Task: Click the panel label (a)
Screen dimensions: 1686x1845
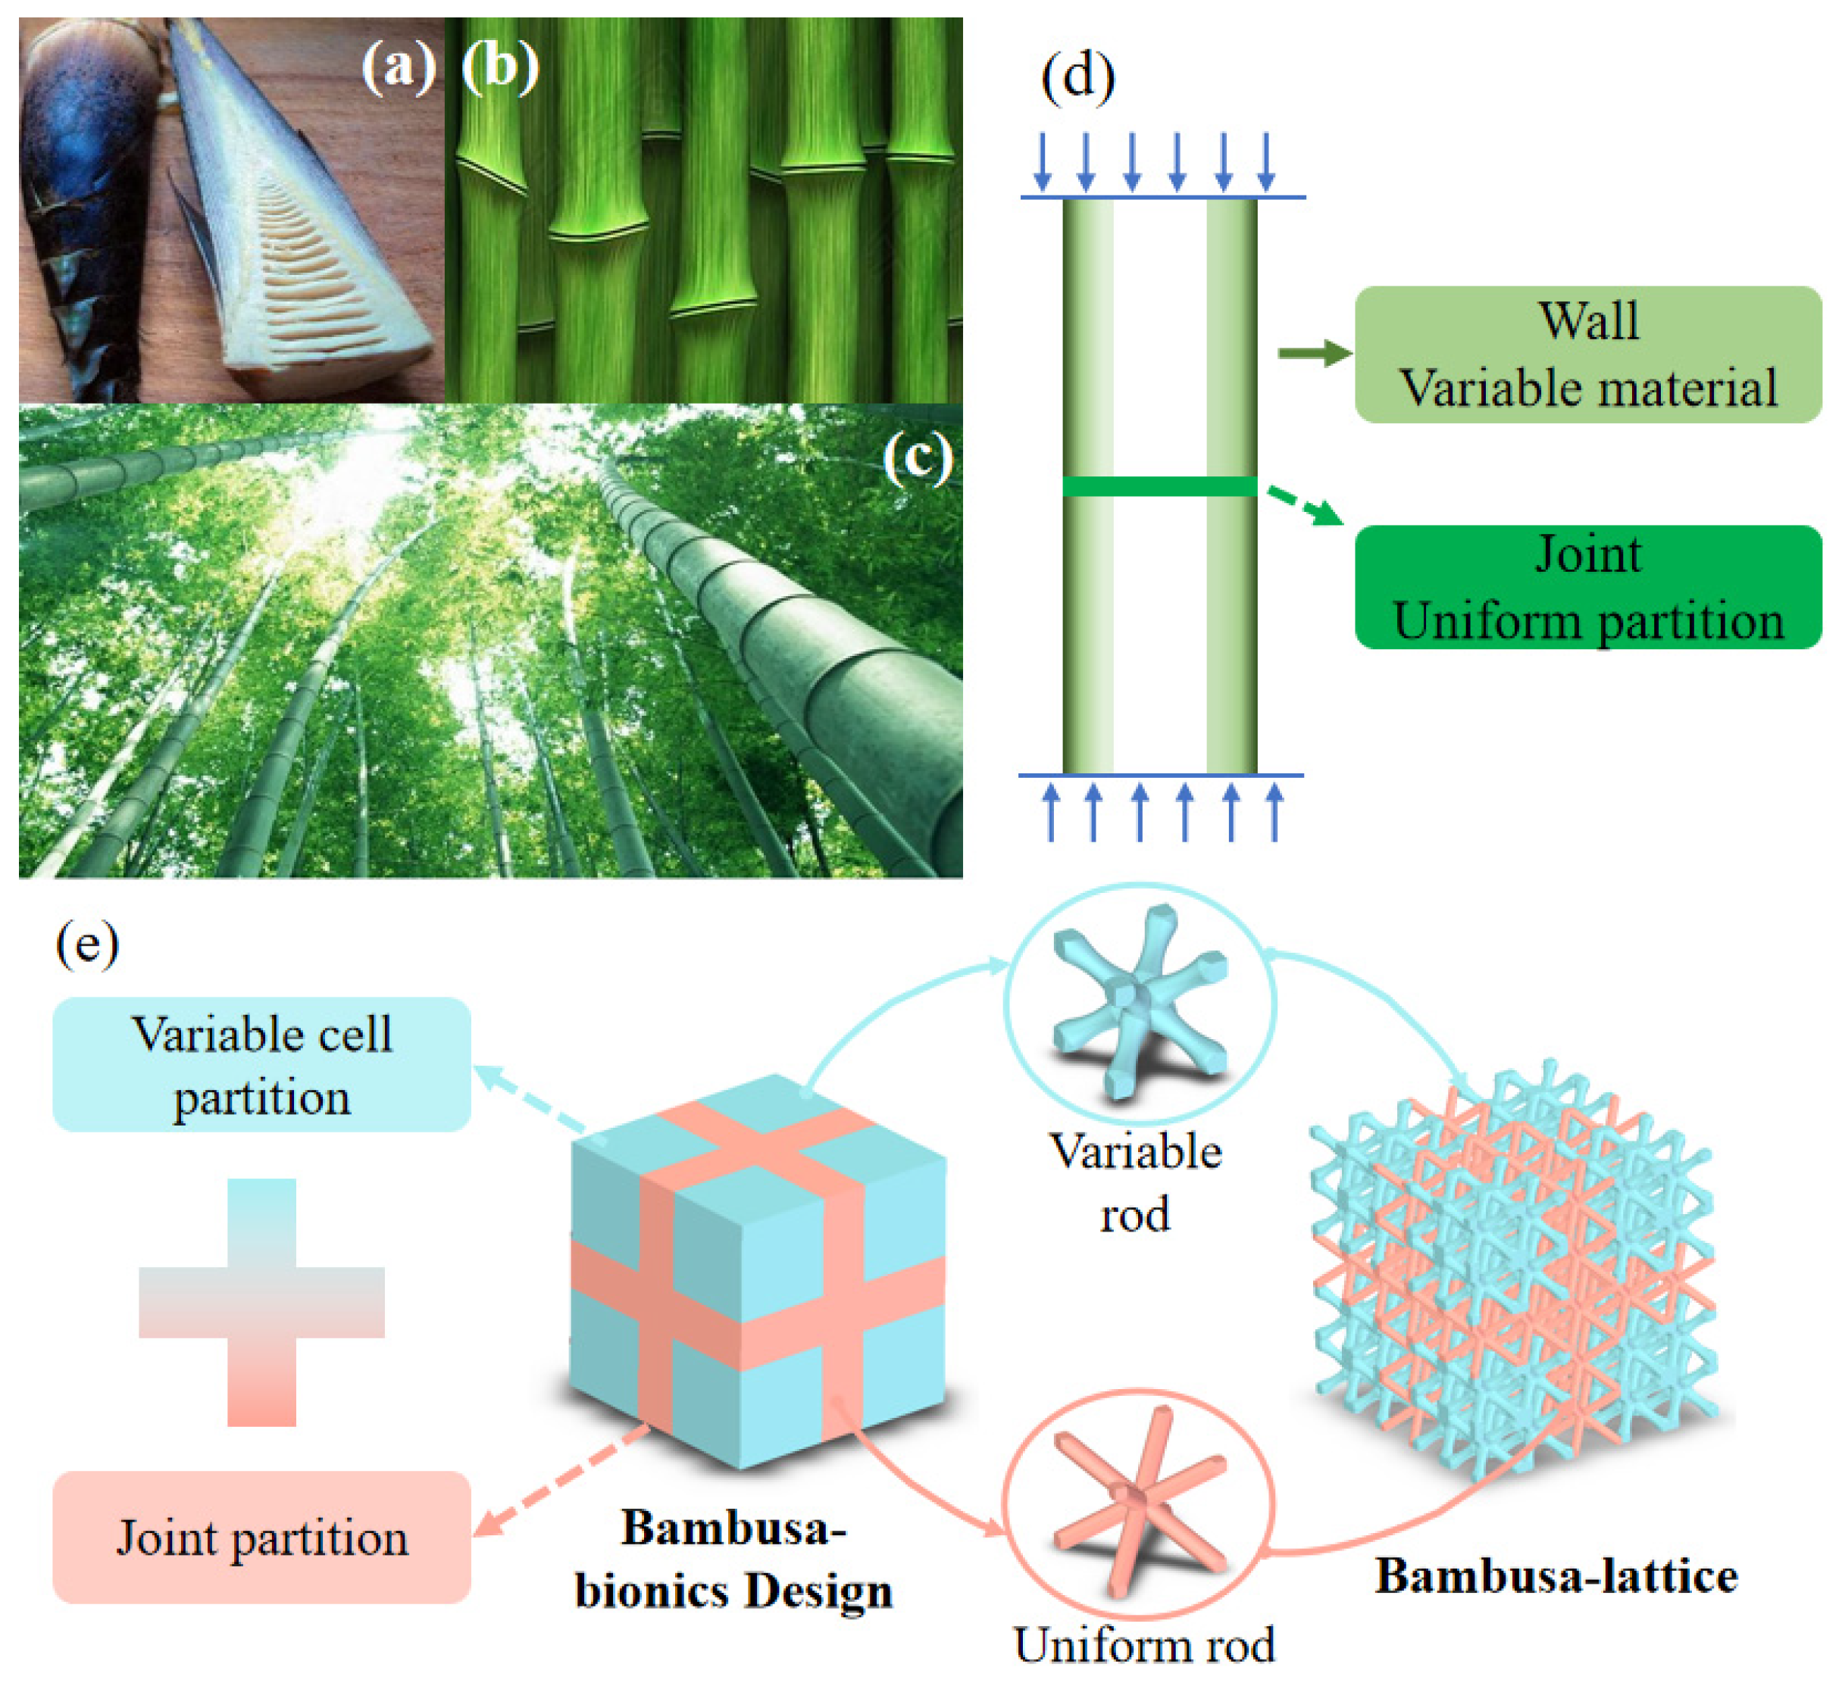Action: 397,67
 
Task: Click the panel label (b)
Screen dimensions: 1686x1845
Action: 499,67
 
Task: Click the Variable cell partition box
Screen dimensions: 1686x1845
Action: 261,1064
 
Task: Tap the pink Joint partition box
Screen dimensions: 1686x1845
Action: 261,1537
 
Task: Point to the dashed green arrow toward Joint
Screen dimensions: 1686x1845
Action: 1305,506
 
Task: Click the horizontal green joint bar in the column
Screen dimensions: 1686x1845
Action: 1159,486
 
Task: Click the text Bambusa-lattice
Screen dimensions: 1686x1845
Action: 1555,1576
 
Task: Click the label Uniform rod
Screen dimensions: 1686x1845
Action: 1144,1645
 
